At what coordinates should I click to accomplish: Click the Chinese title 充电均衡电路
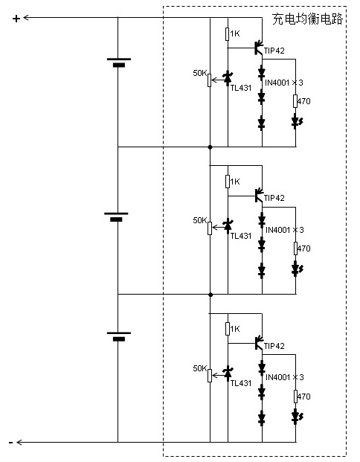pyautogui.click(x=307, y=19)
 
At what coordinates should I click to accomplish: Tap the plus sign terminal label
pyautogui.click(x=16, y=19)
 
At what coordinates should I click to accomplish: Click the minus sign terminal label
pyautogui.click(x=11, y=443)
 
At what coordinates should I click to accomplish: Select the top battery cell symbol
pyautogui.click(x=119, y=62)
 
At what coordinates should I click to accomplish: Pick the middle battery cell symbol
pyautogui.click(x=116, y=216)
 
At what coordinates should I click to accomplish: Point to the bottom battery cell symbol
pyautogui.click(x=119, y=336)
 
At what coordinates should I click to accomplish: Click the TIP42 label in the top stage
pyautogui.click(x=274, y=51)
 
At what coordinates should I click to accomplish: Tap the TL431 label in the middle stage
pyautogui.click(x=241, y=236)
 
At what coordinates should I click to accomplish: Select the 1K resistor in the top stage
pyautogui.click(x=228, y=34)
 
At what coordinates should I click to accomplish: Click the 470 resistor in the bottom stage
pyautogui.click(x=295, y=397)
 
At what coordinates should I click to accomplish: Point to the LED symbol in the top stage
pyautogui.click(x=297, y=121)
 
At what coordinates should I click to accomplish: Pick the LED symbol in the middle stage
pyautogui.click(x=297, y=269)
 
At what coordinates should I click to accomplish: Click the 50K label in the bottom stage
pyautogui.click(x=200, y=368)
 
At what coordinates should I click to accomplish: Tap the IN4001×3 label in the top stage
pyautogui.click(x=284, y=83)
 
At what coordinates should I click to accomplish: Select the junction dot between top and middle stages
pyautogui.click(x=210, y=147)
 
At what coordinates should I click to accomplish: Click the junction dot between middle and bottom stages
pyautogui.click(x=210, y=295)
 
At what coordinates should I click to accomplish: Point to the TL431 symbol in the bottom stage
pyautogui.click(x=228, y=373)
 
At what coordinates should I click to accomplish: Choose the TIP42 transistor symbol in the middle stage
pyautogui.click(x=258, y=195)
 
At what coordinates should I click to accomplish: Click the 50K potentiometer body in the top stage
pyautogui.click(x=210, y=80)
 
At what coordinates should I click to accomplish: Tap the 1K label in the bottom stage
pyautogui.click(x=235, y=329)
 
